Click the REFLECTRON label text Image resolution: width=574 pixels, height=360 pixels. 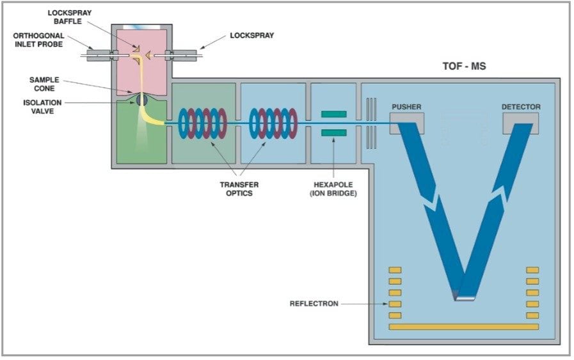coord(314,304)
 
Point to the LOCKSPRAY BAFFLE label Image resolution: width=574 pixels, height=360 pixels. coord(69,17)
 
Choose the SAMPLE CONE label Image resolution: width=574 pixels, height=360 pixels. coord(43,84)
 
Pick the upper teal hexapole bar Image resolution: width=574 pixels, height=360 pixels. coord(333,114)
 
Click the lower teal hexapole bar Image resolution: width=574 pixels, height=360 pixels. coord(333,132)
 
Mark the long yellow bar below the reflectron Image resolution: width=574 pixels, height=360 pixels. coord(464,327)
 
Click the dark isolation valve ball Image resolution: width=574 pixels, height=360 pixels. coord(141,100)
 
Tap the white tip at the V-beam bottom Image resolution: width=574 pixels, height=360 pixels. coord(465,297)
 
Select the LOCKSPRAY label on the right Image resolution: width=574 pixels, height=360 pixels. coord(251,36)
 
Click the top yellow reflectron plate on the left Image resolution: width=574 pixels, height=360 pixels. coord(395,270)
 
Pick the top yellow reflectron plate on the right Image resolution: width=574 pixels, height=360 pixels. coord(532,270)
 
